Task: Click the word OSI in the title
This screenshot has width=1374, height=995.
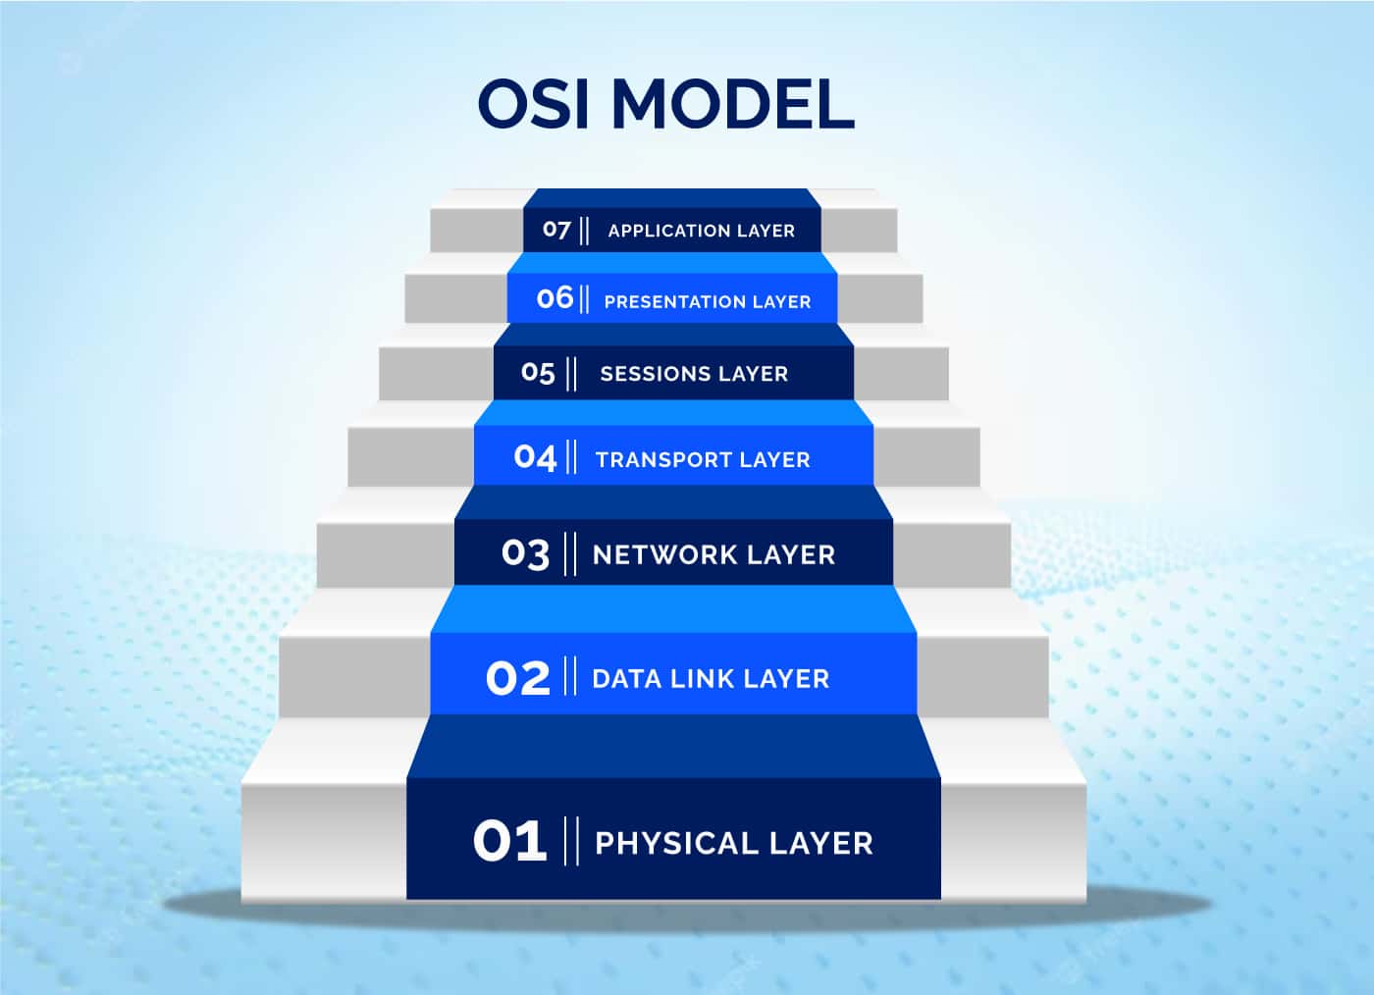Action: (x=534, y=104)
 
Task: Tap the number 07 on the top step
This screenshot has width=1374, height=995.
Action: (x=556, y=230)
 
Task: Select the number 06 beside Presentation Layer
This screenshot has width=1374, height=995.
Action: (x=555, y=297)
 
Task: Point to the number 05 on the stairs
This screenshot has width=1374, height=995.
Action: (x=538, y=372)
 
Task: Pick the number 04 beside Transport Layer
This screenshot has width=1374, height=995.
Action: (x=535, y=457)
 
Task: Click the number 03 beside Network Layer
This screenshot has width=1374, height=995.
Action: (x=525, y=554)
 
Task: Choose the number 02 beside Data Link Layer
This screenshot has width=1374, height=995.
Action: (x=518, y=678)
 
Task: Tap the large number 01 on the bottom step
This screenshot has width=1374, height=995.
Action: (x=509, y=841)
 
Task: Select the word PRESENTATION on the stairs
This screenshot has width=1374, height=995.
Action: (x=674, y=302)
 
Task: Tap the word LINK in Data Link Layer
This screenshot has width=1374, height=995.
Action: (x=702, y=679)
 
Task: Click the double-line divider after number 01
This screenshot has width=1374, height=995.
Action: (x=571, y=841)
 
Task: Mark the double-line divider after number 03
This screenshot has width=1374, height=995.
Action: (x=570, y=554)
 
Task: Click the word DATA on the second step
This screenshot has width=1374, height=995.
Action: (x=627, y=679)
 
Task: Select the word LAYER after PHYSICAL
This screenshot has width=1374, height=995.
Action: (x=821, y=844)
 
